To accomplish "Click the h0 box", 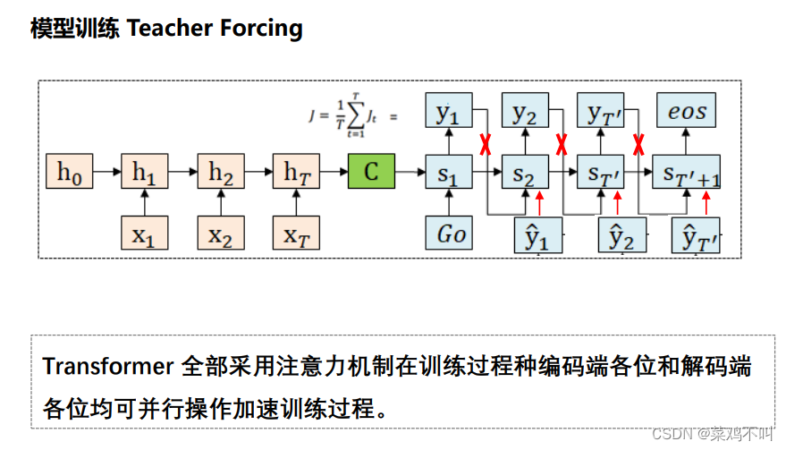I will click(x=69, y=172).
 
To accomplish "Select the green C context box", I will click(x=371, y=172).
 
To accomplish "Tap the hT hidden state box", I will click(x=296, y=172).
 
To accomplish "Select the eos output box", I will click(x=687, y=112).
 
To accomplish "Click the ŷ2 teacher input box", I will click(x=621, y=235).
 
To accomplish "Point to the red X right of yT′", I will click(x=639, y=143).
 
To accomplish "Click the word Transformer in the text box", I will click(x=106, y=367).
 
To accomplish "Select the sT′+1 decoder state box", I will click(x=687, y=172).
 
